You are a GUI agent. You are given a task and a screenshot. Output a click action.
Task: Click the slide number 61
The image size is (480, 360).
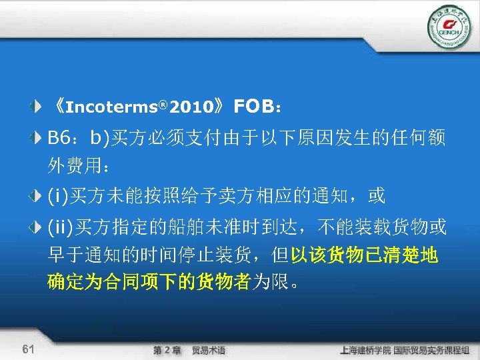[28, 349]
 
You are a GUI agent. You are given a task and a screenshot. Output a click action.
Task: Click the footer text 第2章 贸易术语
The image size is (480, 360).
[189, 350]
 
